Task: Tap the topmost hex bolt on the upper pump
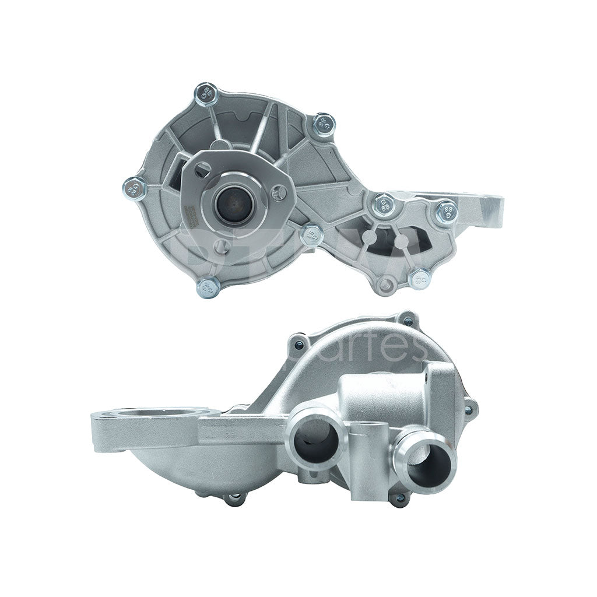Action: coord(206,94)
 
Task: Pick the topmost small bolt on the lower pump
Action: coord(408,321)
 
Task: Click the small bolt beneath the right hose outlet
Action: coord(398,498)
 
